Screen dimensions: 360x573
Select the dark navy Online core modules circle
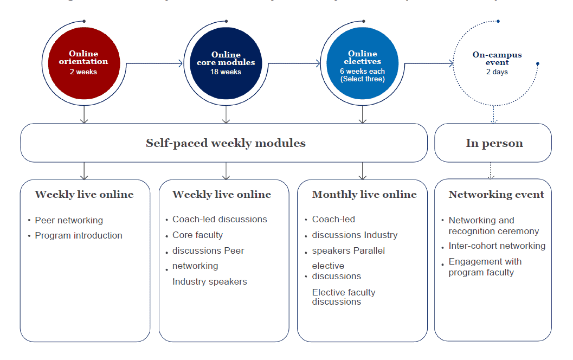tap(226, 62)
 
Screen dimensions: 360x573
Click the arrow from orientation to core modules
tap(155, 64)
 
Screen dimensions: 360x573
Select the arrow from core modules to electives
tap(294, 64)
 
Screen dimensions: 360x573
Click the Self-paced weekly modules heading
tap(226, 143)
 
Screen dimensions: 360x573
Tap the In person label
tap(494, 143)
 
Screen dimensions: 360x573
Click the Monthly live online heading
tap(364, 195)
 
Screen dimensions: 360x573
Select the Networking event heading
tap(496, 195)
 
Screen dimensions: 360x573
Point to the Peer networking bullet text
tap(69, 220)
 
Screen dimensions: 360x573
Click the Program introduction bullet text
tap(79, 235)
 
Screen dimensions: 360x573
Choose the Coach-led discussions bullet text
tap(220, 219)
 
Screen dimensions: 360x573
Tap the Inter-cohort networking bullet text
tap(497, 246)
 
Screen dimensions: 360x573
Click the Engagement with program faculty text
tap(485, 267)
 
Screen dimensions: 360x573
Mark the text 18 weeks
tap(226, 72)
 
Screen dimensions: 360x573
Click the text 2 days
tap(497, 72)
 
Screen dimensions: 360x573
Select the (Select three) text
tap(362, 79)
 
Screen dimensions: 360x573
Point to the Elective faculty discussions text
tap(343, 297)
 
